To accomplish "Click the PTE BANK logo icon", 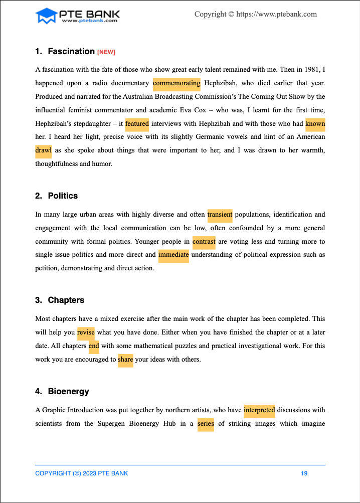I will tap(46, 16).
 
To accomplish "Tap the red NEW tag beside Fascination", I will tap(106, 52).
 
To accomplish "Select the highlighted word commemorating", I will tap(176, 83).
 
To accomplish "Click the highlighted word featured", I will tap(137, 123).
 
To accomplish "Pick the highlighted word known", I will tap(315, 123).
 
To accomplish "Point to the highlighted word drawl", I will tap(44, 150).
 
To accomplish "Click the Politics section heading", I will tap(63, 196).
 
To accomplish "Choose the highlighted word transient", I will tap(220, 214).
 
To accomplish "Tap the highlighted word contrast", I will tap(204, 241).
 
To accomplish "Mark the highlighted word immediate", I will tap(173, 254).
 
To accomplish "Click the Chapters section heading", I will tap(66, 300).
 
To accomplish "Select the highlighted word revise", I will tap(86, 332).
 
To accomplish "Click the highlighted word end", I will tap(94, 346).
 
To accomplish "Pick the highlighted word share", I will tap(125, 359).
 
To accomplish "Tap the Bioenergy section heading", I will tap(69, 391).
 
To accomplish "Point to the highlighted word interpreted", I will tap(259, 410).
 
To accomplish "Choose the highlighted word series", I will tap(206, 423).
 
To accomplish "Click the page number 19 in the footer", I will tap(304, 473).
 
